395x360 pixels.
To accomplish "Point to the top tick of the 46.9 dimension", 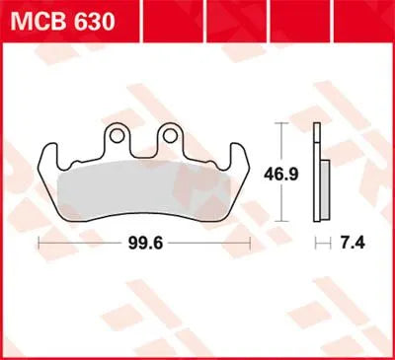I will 284,121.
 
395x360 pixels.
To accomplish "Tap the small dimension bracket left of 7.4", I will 319,241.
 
